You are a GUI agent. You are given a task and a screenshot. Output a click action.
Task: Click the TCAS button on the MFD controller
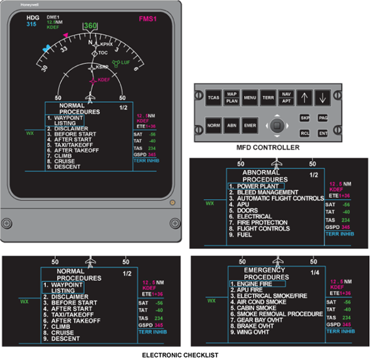[x=213, y=97]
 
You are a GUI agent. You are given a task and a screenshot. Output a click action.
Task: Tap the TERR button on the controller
[x=268, y=97]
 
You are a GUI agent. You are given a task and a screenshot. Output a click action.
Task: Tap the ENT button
[x=322, y=132]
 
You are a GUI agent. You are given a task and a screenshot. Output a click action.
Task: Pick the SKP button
[x=304, y=117]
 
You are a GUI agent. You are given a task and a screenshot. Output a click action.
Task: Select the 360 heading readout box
[x=91, y=26]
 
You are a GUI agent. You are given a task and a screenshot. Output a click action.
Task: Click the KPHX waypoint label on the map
[x=106, y=45]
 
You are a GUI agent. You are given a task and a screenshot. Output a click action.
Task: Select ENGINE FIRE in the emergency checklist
[x=256, y=283]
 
